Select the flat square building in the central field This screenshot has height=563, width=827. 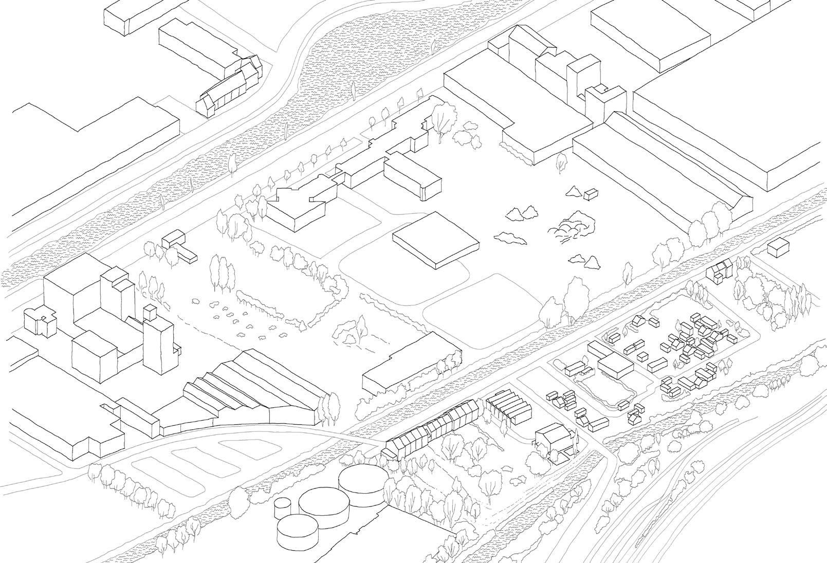(x=435, y=239)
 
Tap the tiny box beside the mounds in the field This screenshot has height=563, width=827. (x=591, y=194)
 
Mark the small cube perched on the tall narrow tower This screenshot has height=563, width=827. (x=150, y=312)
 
